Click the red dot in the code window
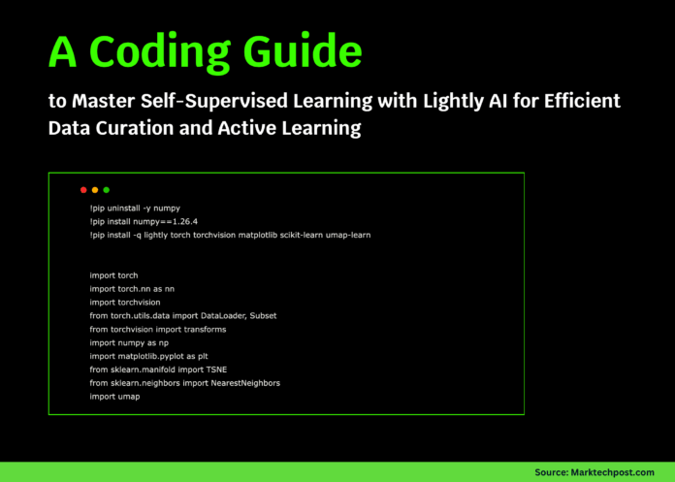pyautogui.click(x=83, y=190)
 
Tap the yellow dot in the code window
pyautogui.click(x=95, y=190)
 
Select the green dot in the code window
pyautogui.click(x=107, y=190)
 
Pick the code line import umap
pyautogui.click(x=115, y=397)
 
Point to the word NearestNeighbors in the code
pyautogui.click(x=246, y=383)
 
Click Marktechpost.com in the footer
pyautogui.click(x=610, y=471)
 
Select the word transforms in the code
pyautogui.click(x=205, y=330)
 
